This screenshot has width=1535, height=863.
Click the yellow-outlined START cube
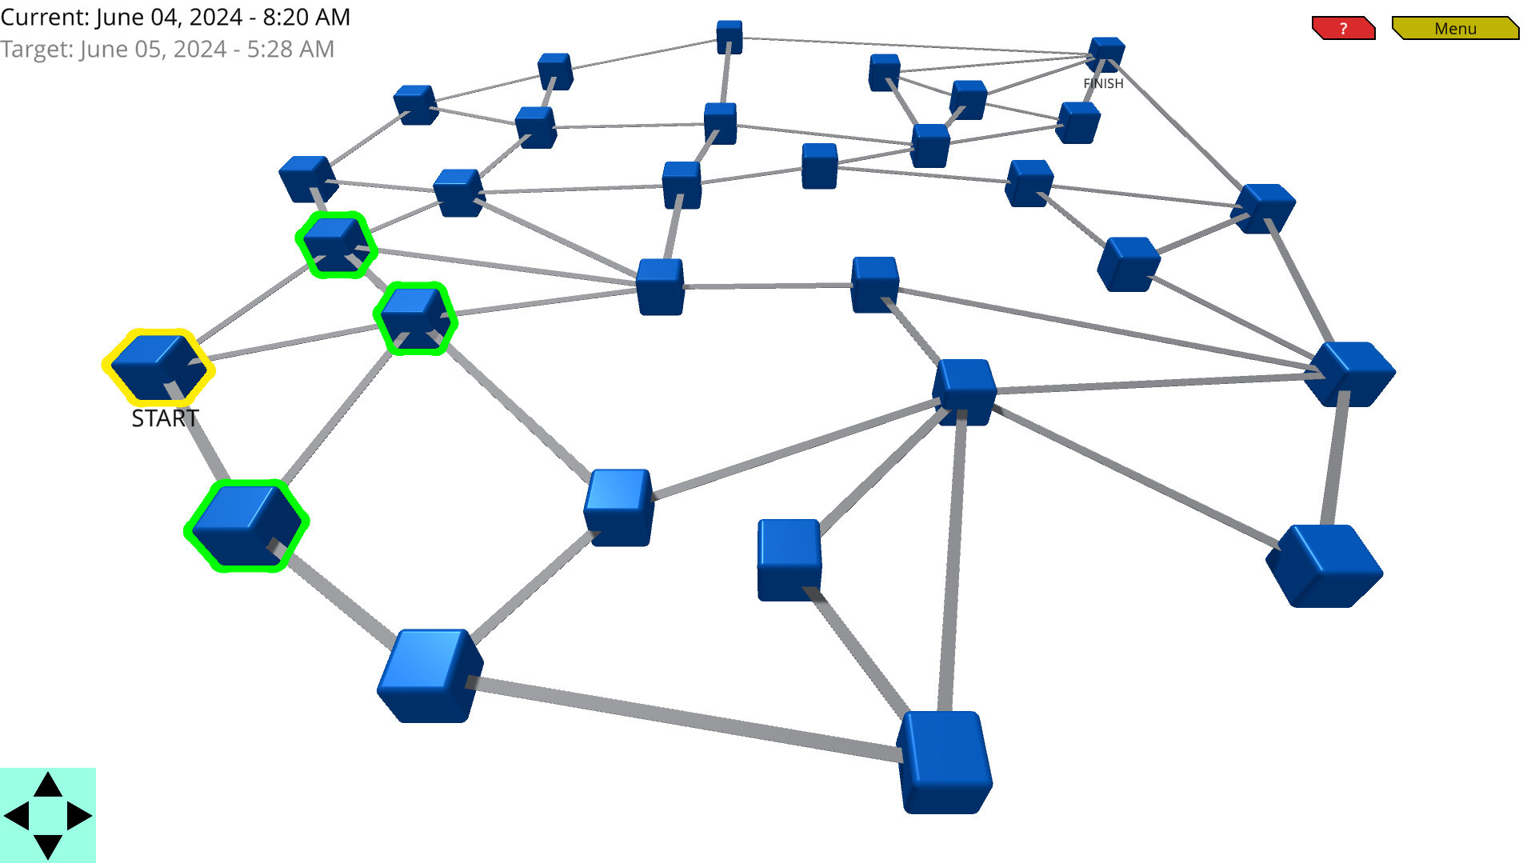(x=158, y=366)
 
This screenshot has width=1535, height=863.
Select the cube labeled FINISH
(x=1106, y=54)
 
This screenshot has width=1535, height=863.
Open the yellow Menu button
(x=1455, y=28)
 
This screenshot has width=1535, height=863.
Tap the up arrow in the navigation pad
(x=48, y=785)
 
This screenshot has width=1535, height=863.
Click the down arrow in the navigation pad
(x=48, y=846)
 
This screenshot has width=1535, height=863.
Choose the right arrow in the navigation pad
(x=79, y=816)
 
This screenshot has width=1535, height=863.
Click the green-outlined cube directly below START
(x=247, y=525)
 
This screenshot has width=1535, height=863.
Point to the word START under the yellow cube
(x=165, y=418)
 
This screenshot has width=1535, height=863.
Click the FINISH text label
(x=1103, y=83)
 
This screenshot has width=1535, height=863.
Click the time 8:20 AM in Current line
(x=306, y=17)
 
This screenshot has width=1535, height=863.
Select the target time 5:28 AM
(x=290, y=49)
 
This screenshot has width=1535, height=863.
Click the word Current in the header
(x=45, y=17)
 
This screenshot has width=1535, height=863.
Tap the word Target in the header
(x=37, y=49)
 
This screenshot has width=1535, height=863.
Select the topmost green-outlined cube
(x=336, y=244)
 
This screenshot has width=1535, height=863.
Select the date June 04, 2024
(x=169, y=18)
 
